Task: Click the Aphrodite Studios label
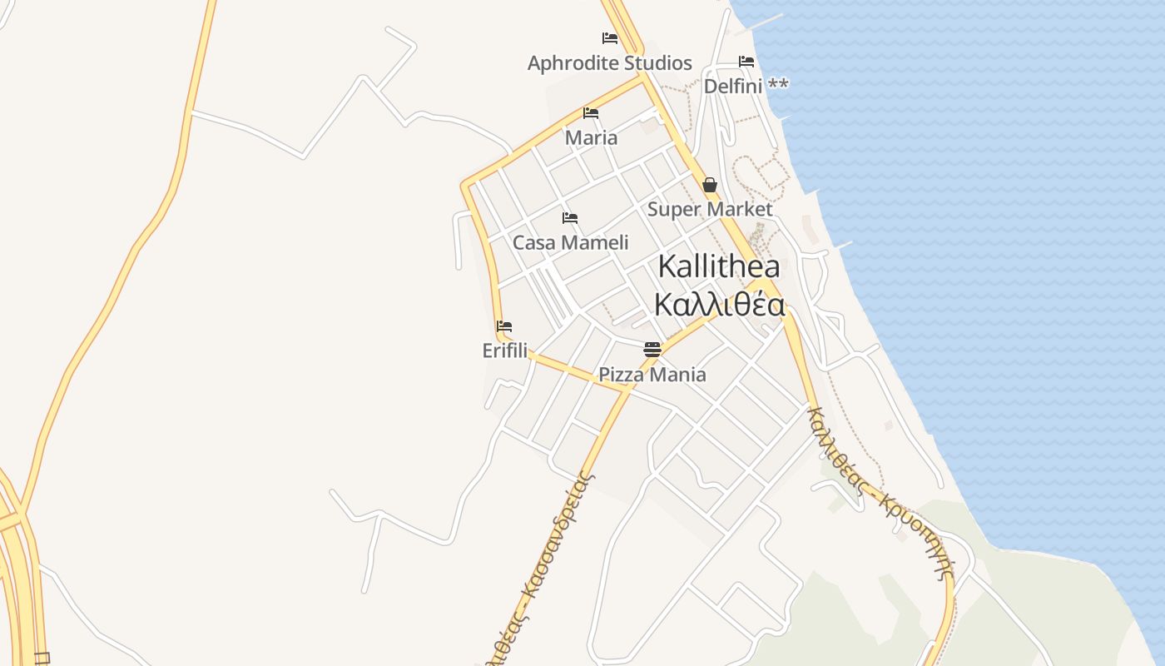(609, 63)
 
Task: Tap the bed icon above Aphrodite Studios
(610, 38)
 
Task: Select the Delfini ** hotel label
(746, 86)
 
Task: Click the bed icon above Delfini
(746, 62)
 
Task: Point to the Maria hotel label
(591, 137)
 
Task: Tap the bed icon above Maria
(591, 113)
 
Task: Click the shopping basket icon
(710, 185)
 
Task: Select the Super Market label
(710, 209)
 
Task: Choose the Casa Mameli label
(570, 242)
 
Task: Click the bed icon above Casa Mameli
(570, 218)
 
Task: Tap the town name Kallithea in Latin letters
(719, 266)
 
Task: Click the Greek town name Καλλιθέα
(719, 305)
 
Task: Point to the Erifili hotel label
(505, 350)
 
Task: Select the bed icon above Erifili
(504, 326)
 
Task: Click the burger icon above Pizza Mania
(652, 350)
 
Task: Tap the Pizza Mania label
(652, 375)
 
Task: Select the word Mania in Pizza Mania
(677, 375)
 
